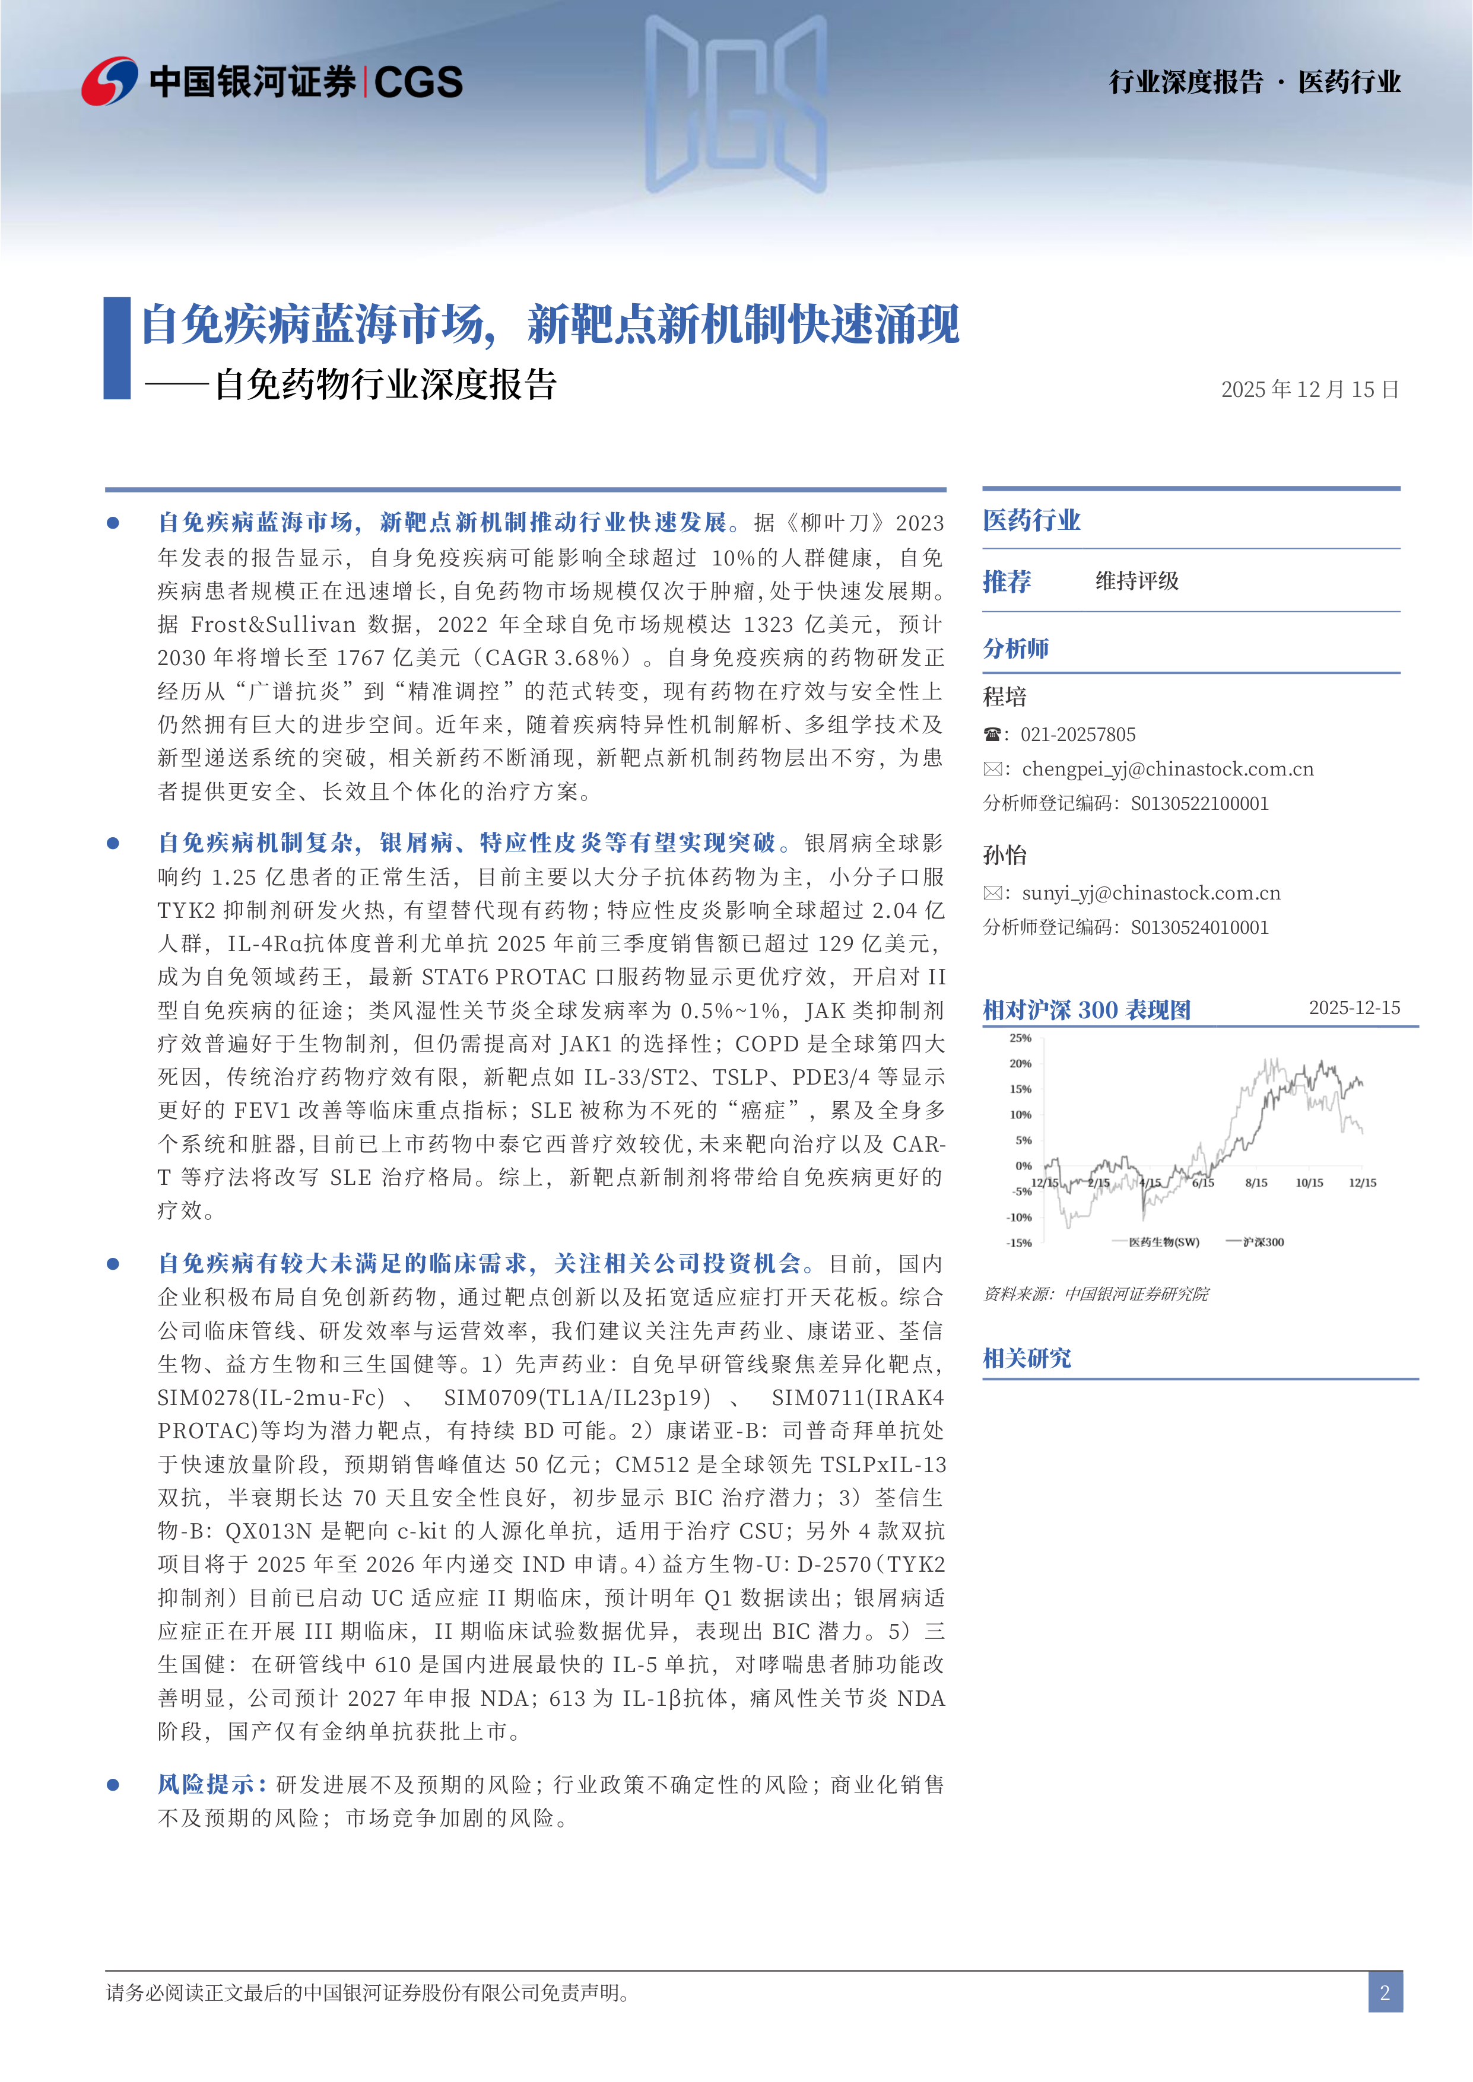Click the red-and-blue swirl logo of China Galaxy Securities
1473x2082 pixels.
click(109, 82)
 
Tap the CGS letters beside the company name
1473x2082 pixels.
click(418, 82)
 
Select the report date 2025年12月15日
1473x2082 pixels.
click(1310, 390)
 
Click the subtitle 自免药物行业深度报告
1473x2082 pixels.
click(386, 384)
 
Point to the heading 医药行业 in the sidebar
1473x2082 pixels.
click(1031, 520)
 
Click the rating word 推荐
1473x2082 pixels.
click(1007, 581)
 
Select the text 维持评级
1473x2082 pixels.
click(1137, 581)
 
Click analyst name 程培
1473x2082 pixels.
click(1005, 697)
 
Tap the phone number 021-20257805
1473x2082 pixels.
click(1078, 735)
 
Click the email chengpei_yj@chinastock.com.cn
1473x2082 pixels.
click(1167, 769)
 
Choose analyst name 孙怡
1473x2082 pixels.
click(1005, 855)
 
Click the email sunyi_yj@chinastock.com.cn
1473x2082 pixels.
click(1151, 893)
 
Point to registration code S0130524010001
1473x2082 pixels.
click(1199, 927)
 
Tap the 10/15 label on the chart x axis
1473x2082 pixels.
click(1309, 1183)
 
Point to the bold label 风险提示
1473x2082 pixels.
click(211, 1785)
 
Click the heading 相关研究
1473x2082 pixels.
click(1027, 1358)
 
